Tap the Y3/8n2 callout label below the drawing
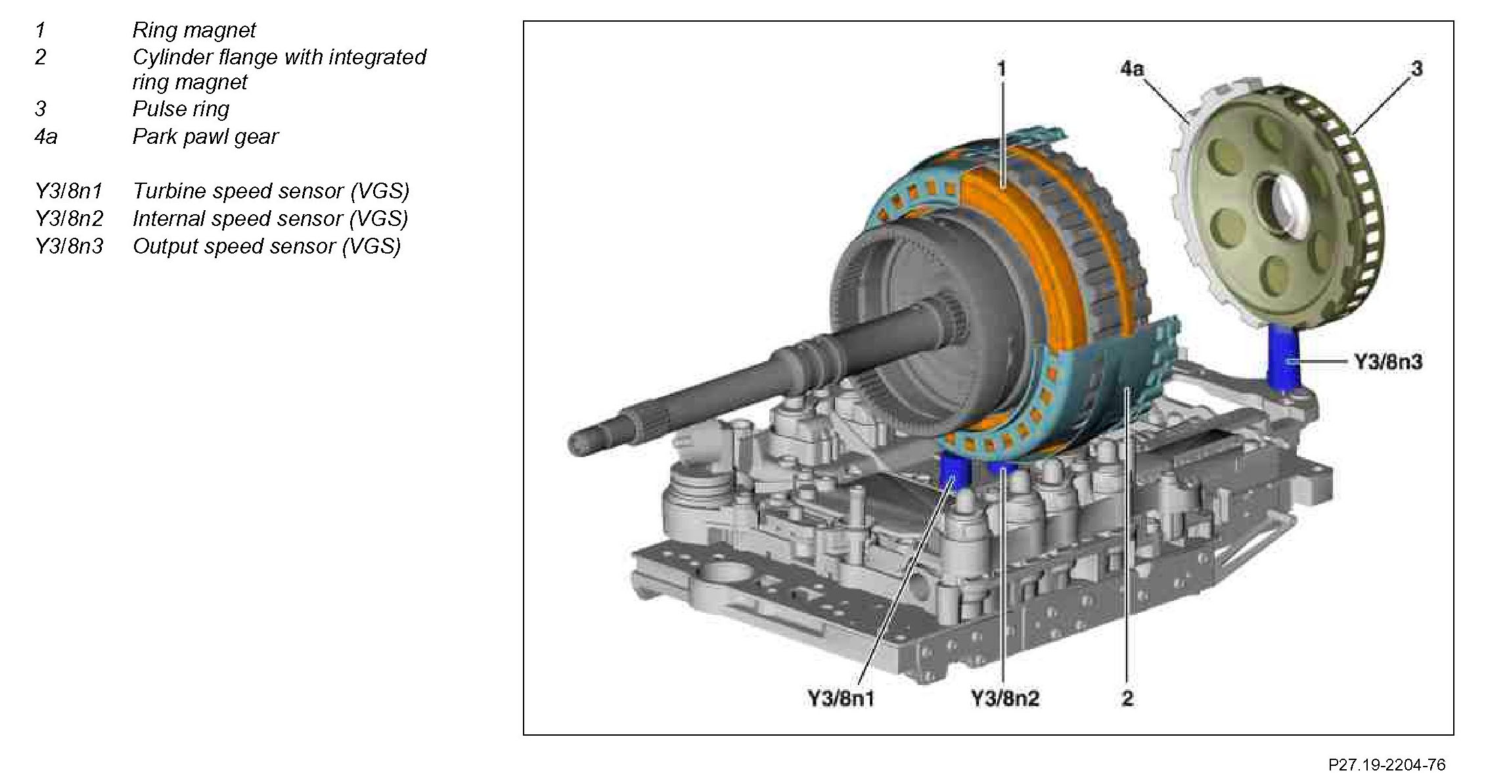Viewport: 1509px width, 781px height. click(1004, 698)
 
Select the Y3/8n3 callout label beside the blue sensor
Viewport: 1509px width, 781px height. click(1387, 362)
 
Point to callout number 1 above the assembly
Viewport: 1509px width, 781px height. click(1001, 69)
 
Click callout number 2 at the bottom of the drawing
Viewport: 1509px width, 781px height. click(1127, 698)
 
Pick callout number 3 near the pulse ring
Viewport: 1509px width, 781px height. click(1416, 68)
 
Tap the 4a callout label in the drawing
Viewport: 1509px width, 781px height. click(1131, 68)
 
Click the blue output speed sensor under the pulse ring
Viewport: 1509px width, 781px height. click(1282, 358)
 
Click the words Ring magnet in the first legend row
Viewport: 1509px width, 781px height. click(194, 30)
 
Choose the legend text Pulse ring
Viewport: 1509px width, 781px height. click(181, 109)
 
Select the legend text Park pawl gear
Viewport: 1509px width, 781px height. click(205, 137)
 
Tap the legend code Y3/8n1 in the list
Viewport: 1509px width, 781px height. click(68, 191)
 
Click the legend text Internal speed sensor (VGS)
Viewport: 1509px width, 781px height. click(270, 219)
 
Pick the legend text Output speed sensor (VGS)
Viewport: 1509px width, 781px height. click(266, 246)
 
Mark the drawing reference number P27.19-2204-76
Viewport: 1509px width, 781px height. click(1386, 765)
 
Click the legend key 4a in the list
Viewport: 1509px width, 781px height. click(45, 137)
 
